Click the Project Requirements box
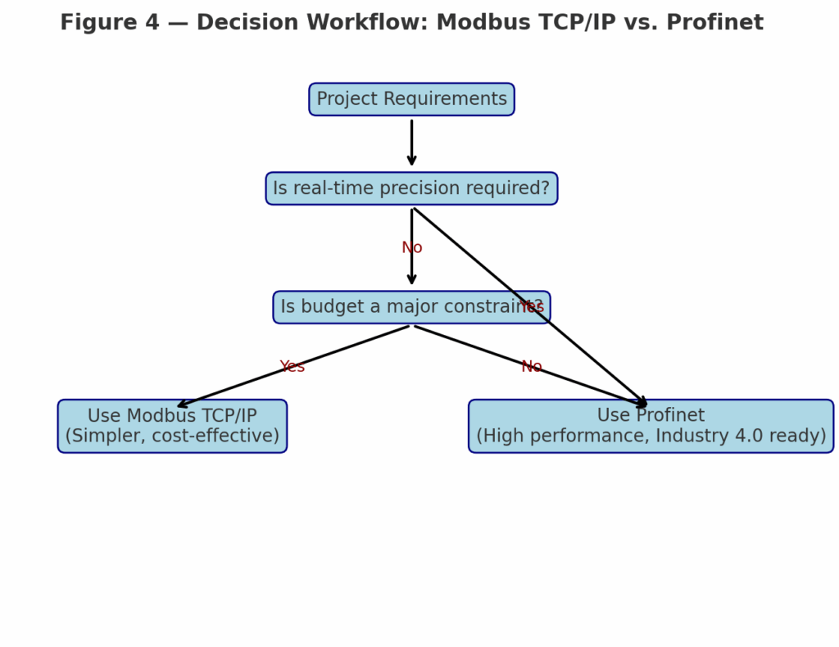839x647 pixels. tap(411, 99)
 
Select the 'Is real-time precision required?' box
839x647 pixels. tap(411, 188)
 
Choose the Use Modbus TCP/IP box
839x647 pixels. tap(172, 426)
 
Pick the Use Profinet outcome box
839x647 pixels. tap(651, 426)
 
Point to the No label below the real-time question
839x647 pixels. tap(411, 248)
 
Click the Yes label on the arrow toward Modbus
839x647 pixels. tap(292, 367)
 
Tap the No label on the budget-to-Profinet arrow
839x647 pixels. tap(532, 367)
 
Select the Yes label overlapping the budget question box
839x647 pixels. tap(532, 307)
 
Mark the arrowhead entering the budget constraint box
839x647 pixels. tap(411, 281)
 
